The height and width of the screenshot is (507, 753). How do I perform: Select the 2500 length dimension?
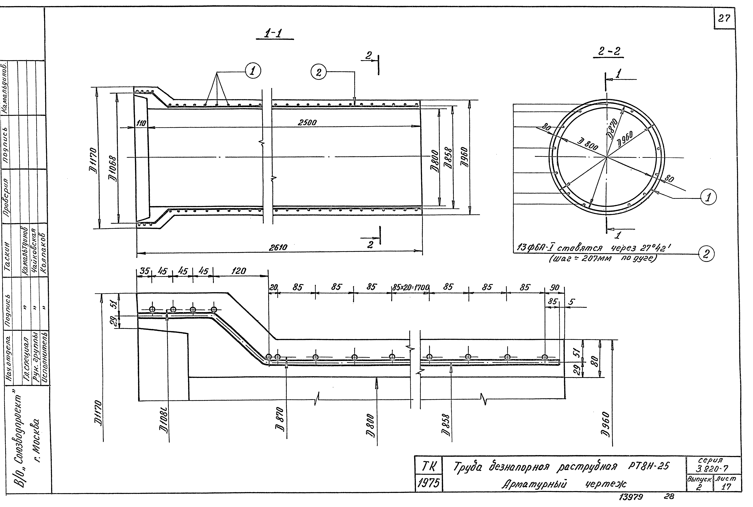tap(307, 123)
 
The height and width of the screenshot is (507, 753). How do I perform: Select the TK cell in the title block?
tap(428, 467)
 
